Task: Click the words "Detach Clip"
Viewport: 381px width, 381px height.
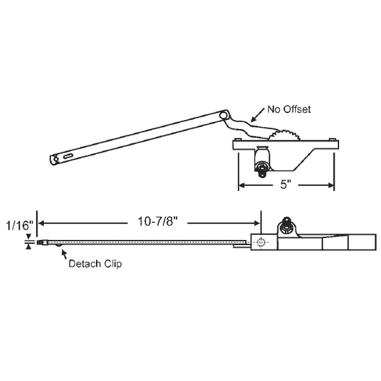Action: (x=96, y=264)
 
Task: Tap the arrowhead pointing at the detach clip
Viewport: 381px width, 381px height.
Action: (x=62, y=252)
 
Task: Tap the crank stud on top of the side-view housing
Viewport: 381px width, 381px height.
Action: (x=287, y=225)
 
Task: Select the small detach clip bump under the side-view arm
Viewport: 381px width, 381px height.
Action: (x=58, y=246)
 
